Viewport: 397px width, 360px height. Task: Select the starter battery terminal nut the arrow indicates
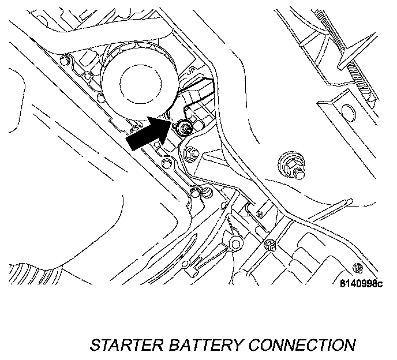(184, 127)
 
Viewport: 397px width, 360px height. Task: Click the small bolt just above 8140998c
(357, 268)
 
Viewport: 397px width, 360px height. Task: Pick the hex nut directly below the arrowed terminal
(190, 154)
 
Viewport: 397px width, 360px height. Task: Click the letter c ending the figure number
(379, 284)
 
